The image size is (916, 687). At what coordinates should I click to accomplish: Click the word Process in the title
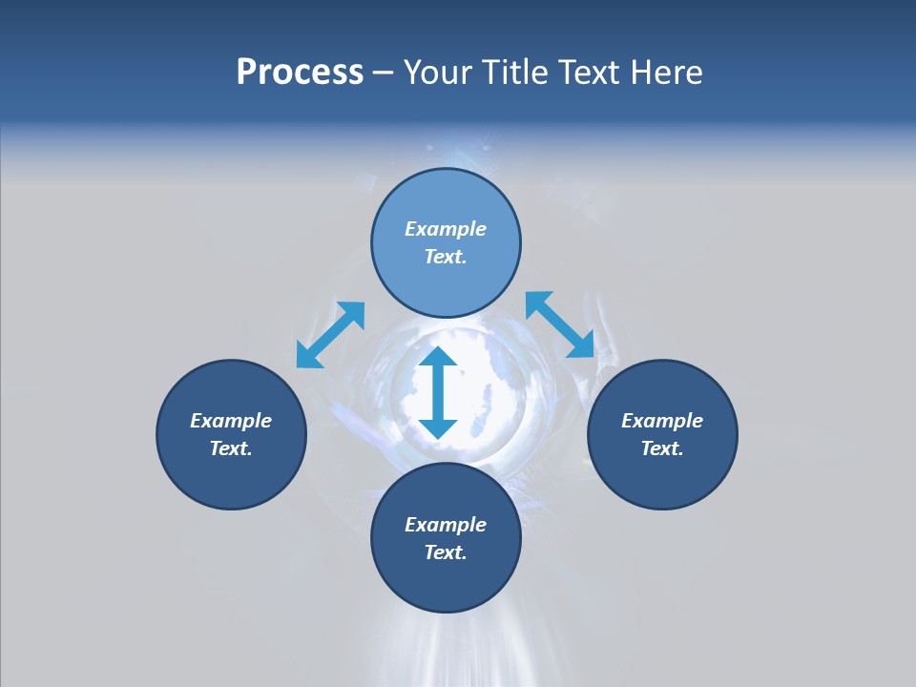click(x=300, y=73)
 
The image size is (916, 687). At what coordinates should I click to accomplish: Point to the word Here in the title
click(x=672, y=73)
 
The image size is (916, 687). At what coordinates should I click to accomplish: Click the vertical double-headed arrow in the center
click(x=438, y=392)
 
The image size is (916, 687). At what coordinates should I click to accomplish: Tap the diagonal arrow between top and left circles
click(x=330, y=335)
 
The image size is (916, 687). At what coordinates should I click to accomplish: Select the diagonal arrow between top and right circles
click(x=560, y=325)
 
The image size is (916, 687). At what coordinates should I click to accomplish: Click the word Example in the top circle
click(x=446, y=229)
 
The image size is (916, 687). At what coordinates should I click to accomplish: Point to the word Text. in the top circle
click(x=446, y=257)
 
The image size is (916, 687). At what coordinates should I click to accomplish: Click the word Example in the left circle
click(x=231, y=421)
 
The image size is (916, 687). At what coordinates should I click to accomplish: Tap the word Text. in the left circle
click(x=231, y=448)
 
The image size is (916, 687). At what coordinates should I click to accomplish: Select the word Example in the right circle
click(x=662, y=421)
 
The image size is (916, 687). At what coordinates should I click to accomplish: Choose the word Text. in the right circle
click(x=662, y=448)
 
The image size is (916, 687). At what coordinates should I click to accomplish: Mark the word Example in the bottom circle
click(x=446, y=525)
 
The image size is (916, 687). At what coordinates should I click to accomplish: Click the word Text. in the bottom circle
click(x=446, y=552)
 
